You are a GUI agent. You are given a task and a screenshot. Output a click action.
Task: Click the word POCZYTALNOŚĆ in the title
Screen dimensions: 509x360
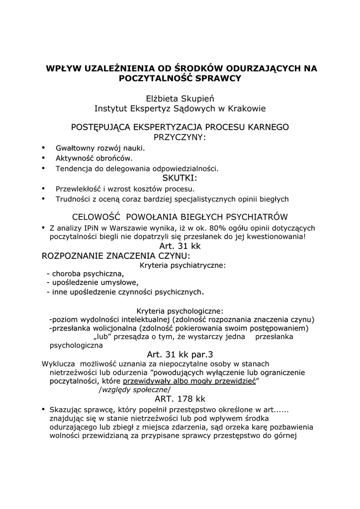153,78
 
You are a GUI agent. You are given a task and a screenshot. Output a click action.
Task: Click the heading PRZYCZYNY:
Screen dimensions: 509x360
180,137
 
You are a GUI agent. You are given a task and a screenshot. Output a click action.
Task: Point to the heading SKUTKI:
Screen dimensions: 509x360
180,178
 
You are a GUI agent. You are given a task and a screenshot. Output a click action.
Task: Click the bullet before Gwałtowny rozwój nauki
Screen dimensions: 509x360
44,148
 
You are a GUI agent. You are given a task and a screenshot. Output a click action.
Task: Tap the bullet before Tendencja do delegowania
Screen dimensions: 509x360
44,168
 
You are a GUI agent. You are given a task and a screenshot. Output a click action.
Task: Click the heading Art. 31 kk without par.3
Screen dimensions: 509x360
180,246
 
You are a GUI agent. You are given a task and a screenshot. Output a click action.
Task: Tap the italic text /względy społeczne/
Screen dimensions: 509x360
134,390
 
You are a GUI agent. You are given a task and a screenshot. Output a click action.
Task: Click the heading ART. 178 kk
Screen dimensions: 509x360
180,399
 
